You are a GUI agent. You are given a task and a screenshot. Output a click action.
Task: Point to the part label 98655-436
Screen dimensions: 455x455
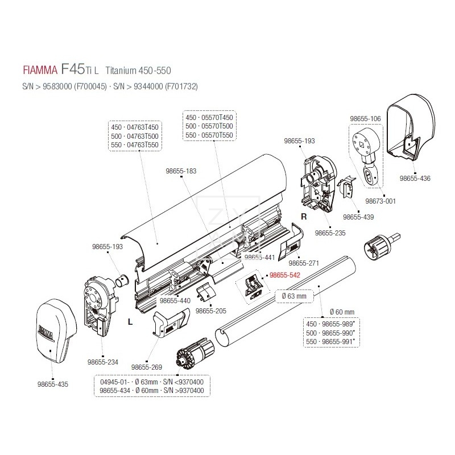click(415, 179)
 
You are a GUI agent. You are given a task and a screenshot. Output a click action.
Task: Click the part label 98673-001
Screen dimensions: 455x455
click(380, 201)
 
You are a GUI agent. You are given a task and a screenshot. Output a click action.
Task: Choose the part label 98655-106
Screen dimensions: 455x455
click(365, 118)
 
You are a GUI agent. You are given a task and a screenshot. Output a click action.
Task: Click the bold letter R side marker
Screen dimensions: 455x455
click(304, 217)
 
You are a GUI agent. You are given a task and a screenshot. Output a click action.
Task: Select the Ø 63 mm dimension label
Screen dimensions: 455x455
click(294, 296)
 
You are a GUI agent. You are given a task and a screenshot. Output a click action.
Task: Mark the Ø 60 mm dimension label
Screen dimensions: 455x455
click(342, 312)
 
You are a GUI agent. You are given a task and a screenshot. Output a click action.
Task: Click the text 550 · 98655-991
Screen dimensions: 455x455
click(330, 341)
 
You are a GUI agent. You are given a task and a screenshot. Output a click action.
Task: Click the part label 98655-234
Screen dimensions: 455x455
click(103, 361)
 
